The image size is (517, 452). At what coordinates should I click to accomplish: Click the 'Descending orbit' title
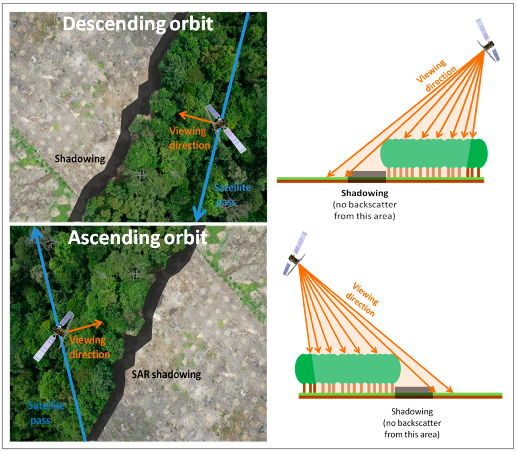coord(138,24)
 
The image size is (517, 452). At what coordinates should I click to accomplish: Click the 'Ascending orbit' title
coord(138,238)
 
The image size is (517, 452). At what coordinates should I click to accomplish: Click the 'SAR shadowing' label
coord(166,374)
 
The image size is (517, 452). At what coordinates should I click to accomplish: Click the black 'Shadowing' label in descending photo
coord(80,159)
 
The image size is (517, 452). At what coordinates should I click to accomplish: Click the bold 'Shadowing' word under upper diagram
coord(365,193)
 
